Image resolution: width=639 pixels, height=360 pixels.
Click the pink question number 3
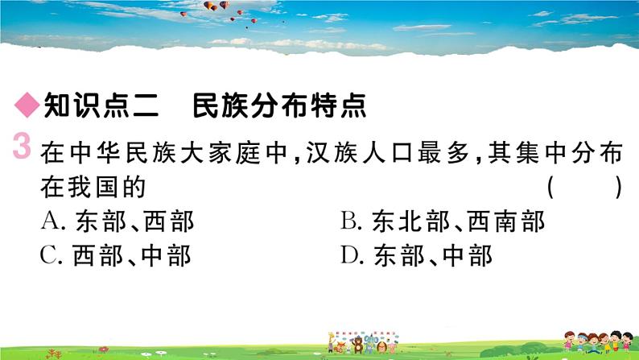tap(22, 147)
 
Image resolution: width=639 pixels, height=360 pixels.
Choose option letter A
tap(51, 221)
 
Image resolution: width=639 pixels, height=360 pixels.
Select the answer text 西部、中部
tap(132, 256)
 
